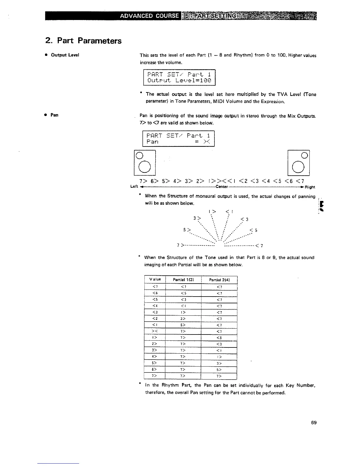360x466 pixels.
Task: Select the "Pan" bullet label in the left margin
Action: coord(54,115)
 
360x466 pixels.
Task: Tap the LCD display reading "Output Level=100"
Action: coord(179,77)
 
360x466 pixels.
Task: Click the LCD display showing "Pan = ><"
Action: coord(179,139)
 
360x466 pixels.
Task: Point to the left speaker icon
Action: coord(144,163)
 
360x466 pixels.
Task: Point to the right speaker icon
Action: coord(299,163)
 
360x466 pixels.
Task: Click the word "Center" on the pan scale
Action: coord(221,187)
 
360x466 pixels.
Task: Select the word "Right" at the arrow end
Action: coord(310,187)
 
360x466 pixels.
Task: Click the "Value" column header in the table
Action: coord(155,279)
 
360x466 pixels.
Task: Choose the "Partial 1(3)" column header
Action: coord(183,279)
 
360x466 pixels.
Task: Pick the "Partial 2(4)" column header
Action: coord(219,279)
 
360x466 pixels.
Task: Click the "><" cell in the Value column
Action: coord(155,332)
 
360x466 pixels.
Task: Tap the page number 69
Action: coord(314,423)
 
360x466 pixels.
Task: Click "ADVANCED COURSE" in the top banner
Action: coord(149,16)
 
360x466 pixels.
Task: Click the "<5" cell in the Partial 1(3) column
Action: coord(183,293)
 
